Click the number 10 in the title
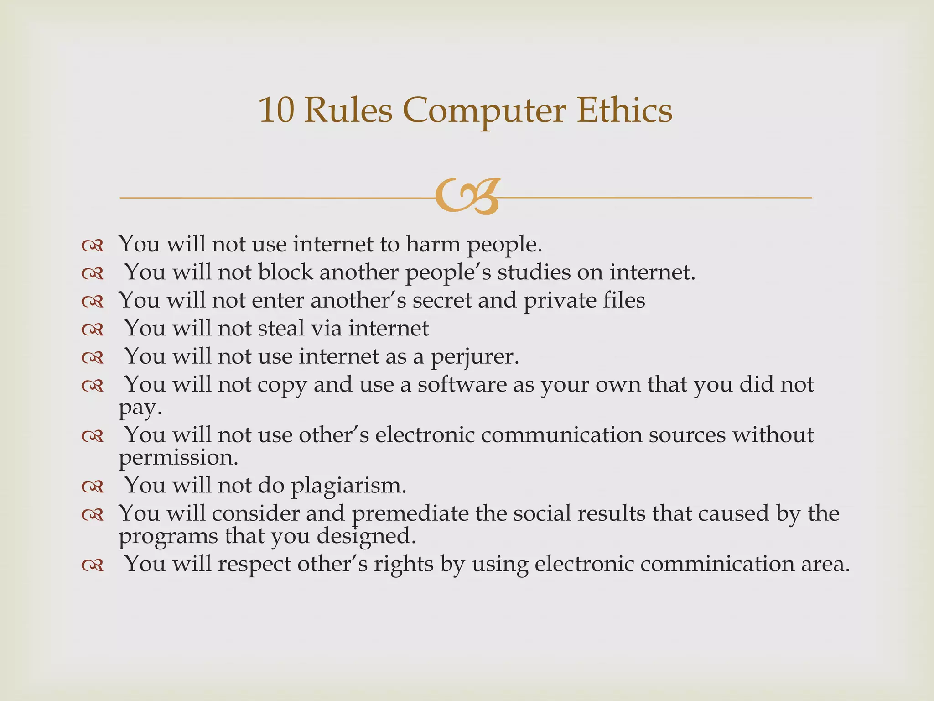tap(276, 110)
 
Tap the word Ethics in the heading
tap(624, 110)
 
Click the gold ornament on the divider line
tap(467, 197)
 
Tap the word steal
tap(281, 328)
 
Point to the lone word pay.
tap(140, 408)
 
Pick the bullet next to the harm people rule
tap(93, 246)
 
